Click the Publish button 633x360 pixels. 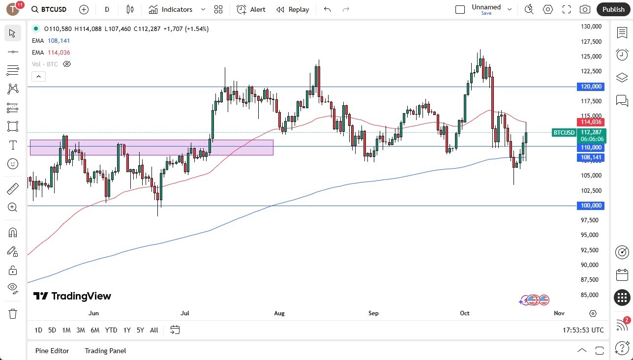(613, 9)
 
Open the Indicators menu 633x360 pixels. (177, 9)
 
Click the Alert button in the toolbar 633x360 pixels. (251, 9)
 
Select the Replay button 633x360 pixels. (293, 9)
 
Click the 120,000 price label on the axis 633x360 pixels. (590, 87)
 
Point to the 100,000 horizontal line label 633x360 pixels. (590, 206)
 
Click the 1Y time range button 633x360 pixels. (127, 330)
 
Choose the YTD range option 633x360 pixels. (111, 330)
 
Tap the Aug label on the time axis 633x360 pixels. (279, 313)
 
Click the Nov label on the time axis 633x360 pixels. (559, 313)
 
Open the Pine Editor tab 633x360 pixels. (52, 351)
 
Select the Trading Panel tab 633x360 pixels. (105, 351)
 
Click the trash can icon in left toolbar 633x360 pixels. (13, 313)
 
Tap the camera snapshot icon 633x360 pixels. (585, 9)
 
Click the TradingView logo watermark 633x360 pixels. (72, 296)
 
